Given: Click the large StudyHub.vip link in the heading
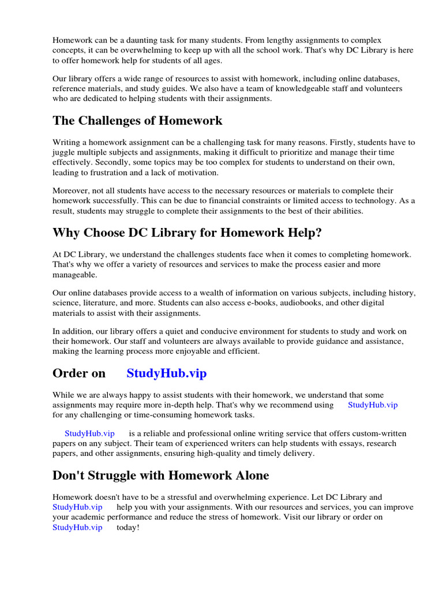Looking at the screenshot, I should click(x=166, y=373).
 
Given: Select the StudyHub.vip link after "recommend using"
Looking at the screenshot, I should click(x=373, y=405).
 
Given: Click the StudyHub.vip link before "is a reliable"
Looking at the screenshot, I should click(x=89, y=433).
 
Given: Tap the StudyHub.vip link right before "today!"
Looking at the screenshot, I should click(x=77, y=528).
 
